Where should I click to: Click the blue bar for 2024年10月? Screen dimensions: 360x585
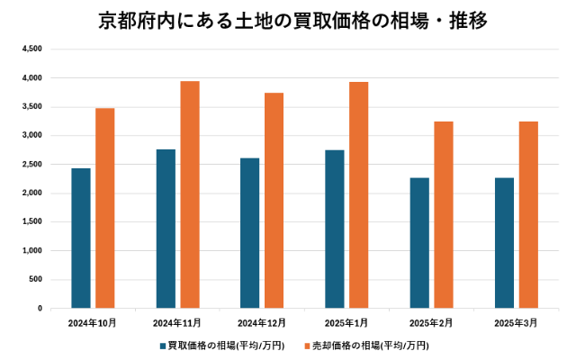(81, 238)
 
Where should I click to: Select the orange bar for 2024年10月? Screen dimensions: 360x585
(104, 208)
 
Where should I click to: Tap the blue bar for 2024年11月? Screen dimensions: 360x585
(166, 229)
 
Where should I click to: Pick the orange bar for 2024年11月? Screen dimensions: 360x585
(189, 194)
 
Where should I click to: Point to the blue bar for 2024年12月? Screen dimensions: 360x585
(250, 233)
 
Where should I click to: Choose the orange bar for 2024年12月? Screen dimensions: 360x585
(274, 201)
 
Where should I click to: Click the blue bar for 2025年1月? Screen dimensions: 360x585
(335, 229)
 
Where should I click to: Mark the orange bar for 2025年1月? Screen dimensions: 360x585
(358, 195)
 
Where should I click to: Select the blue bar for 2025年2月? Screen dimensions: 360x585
(419, 243)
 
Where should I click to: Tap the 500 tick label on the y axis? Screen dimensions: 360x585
(34, 280)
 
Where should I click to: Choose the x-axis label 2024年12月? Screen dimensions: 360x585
(262, 322)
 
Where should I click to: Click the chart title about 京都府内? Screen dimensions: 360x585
(292, 20)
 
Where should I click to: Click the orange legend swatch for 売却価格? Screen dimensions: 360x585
(306, 345)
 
